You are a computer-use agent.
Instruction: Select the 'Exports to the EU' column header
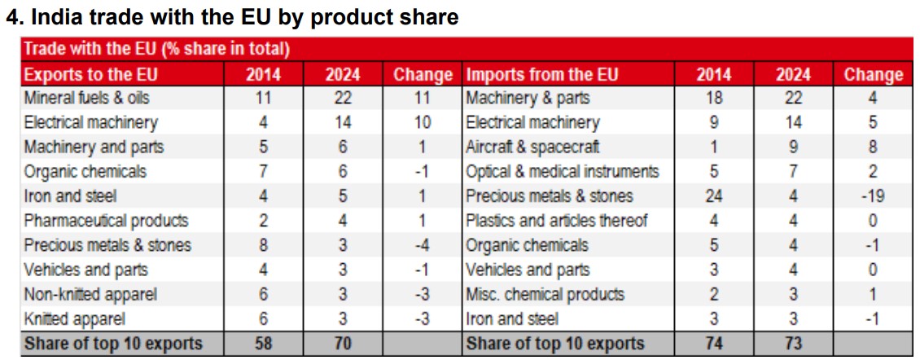(91, 75)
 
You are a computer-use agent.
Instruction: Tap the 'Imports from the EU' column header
(542, 75)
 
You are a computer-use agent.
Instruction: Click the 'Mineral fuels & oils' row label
(87, 99)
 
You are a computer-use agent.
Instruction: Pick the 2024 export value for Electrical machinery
(343, 123)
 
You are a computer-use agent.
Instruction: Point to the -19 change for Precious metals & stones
(873, 196)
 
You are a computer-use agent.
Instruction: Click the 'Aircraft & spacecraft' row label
(532, 147)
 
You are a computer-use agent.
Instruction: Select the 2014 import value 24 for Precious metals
(713, 196)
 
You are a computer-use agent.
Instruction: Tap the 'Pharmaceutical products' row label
(106, 221)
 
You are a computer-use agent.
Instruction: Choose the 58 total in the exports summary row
(263, 344)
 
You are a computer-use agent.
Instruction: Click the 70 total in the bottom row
(343, 344)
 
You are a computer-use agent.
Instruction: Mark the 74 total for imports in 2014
(713, 344)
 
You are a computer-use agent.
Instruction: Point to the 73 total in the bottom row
(793, 344)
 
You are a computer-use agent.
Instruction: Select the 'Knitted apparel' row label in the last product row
(75, 319)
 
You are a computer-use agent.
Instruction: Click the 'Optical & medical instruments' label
(563, 172)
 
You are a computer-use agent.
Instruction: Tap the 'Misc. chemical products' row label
(545, 295)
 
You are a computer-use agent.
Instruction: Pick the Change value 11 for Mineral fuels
(422, 99)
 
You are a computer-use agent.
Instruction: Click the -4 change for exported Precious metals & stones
(422, 245)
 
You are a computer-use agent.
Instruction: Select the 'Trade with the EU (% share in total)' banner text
(157, 50)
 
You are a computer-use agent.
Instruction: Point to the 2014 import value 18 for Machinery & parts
(713, 99)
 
